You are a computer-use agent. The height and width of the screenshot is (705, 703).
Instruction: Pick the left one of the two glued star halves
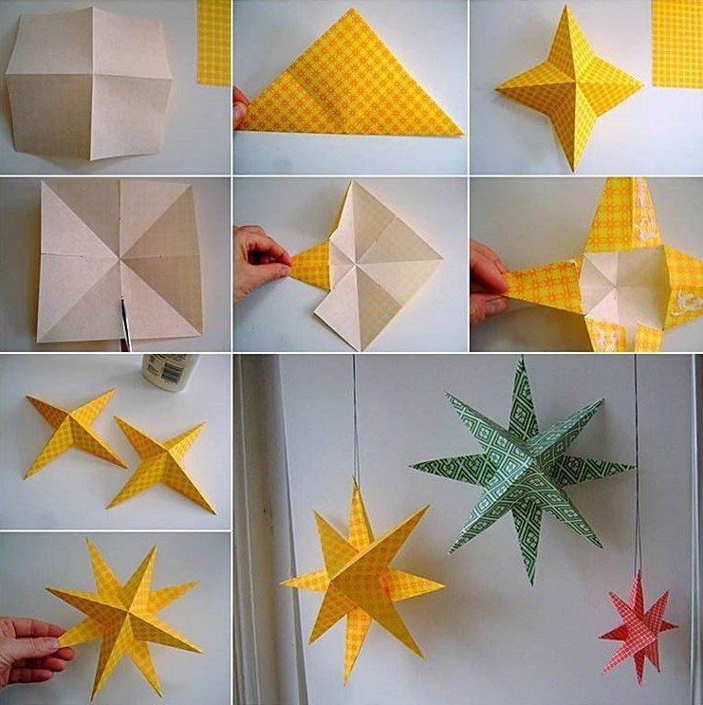[x=74, y=433]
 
